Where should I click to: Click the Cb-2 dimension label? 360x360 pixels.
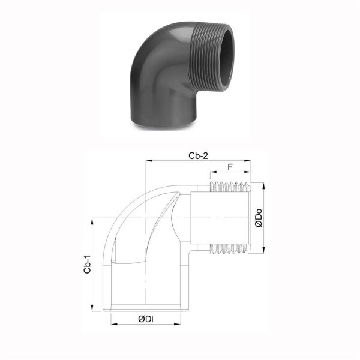tap(199, 155)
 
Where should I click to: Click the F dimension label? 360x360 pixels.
tap(230, 167)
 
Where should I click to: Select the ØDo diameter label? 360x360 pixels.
tap(259, 218)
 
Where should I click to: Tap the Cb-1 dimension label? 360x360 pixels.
tap(87, 264)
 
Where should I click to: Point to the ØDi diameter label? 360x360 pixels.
tap(146, 319)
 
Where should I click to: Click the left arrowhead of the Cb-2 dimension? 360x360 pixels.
tap(149, 161)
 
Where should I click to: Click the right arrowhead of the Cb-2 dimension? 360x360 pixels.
tap(247, 161)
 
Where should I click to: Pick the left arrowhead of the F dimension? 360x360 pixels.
tap(213, 172)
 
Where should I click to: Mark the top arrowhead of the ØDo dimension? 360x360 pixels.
tap(263, 186)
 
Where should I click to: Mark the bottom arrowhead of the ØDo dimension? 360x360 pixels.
tap(263, 250)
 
